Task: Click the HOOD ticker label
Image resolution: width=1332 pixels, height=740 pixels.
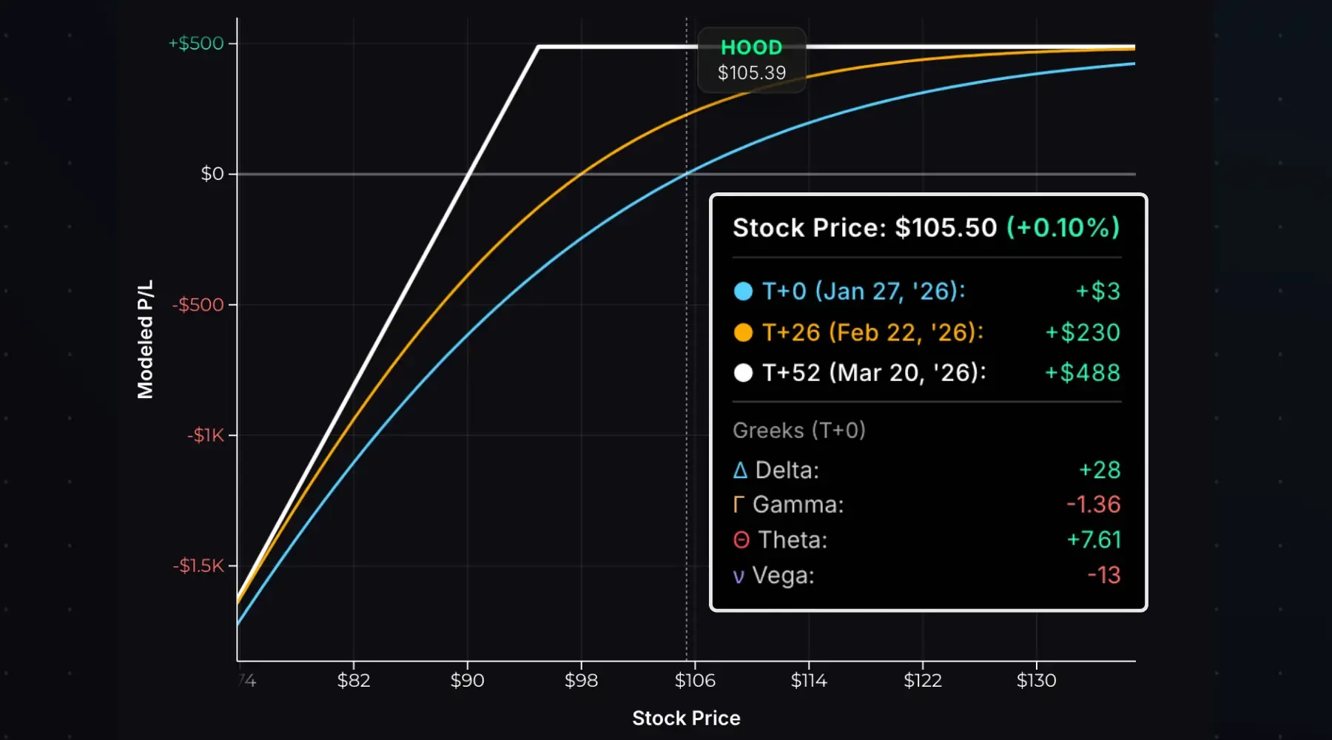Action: [x=751, y=47]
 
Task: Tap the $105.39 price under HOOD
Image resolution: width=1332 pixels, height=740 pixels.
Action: [x=751, y=73]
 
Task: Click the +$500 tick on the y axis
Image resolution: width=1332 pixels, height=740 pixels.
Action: [x=196, y=43]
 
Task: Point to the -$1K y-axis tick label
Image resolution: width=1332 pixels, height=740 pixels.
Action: [x=205, y=435]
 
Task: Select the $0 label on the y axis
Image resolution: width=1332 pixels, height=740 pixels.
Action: [x=212, y=174]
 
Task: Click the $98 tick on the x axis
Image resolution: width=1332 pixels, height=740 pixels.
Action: [x=581, y=680]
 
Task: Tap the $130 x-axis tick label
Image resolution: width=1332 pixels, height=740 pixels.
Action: [x=1036, y=680]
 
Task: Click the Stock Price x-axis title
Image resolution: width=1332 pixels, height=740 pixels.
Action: [x=686, y=718]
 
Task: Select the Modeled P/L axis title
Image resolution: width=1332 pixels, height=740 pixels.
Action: [x=145, y=339]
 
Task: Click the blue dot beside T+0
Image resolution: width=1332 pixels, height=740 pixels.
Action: [x=743, y=291]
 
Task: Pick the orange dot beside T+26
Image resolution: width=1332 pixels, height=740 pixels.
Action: [x=743, y=332]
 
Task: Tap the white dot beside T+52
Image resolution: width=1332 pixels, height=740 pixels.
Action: [x=743, y=373]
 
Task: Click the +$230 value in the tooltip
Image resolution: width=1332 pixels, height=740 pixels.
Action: [x=1083, y=332]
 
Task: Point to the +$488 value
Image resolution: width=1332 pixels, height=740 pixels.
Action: [x=1083, y=373]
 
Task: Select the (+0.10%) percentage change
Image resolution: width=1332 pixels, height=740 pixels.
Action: [x=1063, y=227]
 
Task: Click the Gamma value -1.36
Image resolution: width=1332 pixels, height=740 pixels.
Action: [x=1093, y=505]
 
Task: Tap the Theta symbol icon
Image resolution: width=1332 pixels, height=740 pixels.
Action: [x=741, y=540]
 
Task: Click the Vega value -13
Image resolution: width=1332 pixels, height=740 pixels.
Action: [x=1103, y=575]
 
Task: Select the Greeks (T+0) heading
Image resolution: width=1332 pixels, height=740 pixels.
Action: [x=798, y=430]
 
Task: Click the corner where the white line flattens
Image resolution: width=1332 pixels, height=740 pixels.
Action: [x=539, y=47]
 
